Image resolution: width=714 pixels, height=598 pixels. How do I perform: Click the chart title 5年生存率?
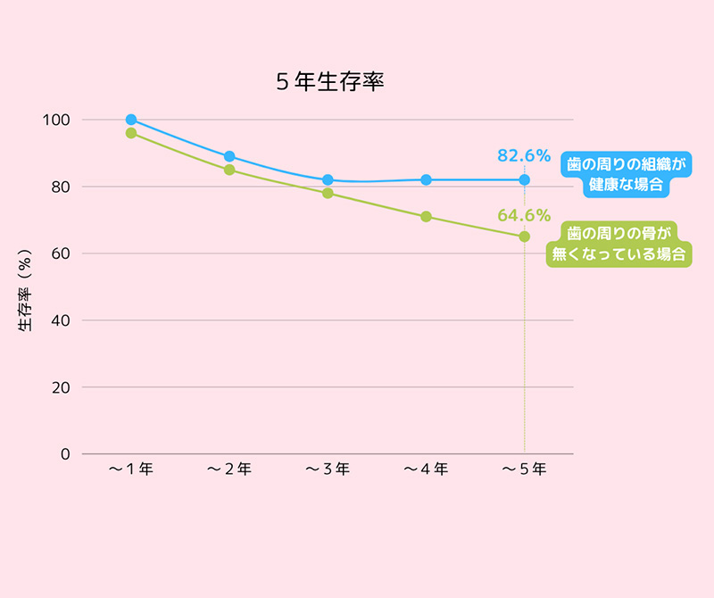pos(329,83)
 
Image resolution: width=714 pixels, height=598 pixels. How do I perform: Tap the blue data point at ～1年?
pos(131,120)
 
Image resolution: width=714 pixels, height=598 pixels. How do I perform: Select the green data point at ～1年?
pos(131,133)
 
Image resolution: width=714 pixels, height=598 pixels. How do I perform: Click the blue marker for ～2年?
pos(229,156)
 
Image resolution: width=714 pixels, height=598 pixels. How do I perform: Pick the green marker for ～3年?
pos(328,193)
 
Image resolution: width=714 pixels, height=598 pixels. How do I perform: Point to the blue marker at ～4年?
pos(426,179)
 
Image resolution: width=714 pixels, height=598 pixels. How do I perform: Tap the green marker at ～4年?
pos(426,216)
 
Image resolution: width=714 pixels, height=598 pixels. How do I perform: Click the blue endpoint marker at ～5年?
pos(524,179)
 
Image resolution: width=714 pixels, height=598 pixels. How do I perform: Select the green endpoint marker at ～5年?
pos(524,237)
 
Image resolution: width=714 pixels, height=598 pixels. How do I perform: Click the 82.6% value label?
pos(524,155)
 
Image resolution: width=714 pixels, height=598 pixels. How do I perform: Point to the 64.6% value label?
pos(524,214)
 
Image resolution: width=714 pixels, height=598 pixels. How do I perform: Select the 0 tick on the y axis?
pos(64,453)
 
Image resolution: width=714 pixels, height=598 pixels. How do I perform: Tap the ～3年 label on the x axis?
pos(328,469)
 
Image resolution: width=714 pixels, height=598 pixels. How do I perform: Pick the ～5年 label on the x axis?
pos(524,469)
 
